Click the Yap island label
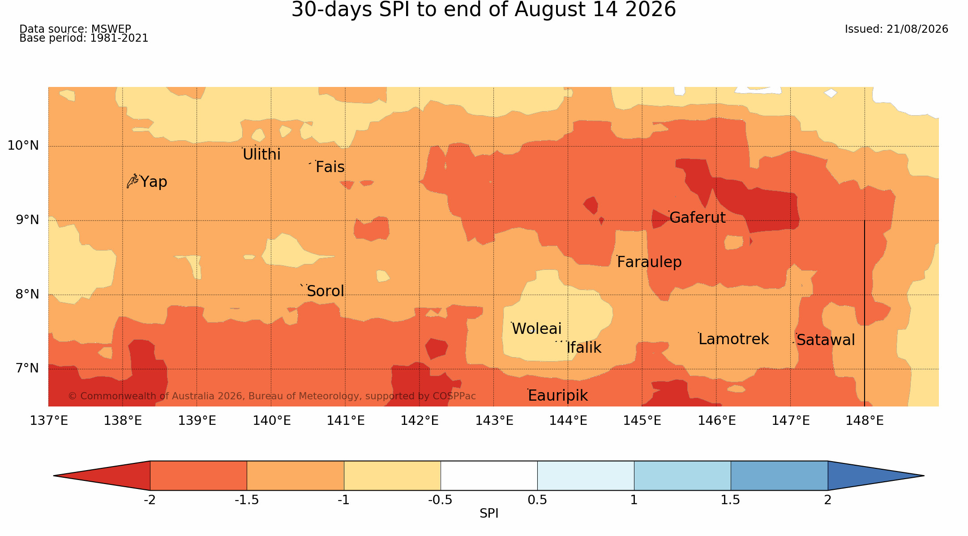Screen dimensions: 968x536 tap(154, 182)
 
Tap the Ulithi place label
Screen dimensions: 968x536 tap(261, 155)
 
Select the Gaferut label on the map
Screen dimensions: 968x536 tap(697, 218)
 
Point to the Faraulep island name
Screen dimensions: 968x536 tap(649, 262)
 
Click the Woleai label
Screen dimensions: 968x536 tap(536, 329)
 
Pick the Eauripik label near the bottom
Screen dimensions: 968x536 tap(558, 396)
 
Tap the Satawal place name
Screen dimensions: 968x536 tap(826, 340)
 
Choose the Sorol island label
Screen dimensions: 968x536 tap(326, 291)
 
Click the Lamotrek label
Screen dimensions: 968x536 tap(733, 339)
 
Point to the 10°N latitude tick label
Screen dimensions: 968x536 tap(23, 146)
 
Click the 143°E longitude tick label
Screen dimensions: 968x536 tap(494, 421)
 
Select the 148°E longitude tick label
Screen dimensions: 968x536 tap(865, 421)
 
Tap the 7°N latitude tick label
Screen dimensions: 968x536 tap(27, 368)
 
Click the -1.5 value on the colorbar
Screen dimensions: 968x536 tap(247, 500)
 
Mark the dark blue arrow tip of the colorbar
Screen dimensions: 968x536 tap(924, 475)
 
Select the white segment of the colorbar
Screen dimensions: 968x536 tap(489, 475)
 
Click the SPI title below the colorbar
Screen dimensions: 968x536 tap(489, 514)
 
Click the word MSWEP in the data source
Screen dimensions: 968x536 tap(111, 29)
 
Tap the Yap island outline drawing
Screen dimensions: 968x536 tap(132, 181)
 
